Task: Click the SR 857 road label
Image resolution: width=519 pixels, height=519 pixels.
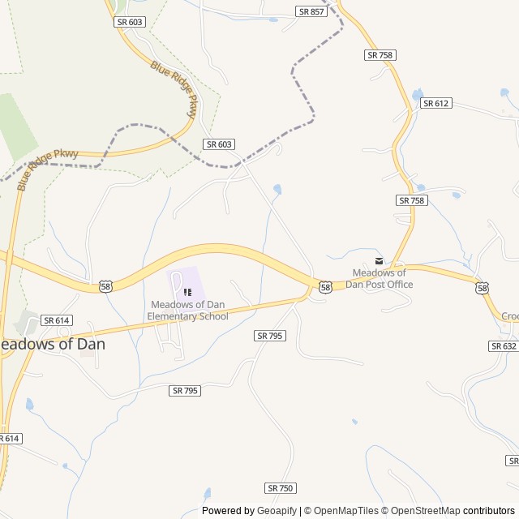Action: (311, 11)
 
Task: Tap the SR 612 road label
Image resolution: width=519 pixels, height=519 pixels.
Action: (435, 103)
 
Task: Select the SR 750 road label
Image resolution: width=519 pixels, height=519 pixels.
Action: (281, 488)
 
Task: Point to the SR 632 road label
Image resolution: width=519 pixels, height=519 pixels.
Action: (503, 346)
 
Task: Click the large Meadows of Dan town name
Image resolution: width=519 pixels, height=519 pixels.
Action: (52, 343)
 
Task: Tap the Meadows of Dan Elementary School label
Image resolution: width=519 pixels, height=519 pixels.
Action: (190, 311)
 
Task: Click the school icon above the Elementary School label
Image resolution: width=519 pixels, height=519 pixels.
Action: (187, 292)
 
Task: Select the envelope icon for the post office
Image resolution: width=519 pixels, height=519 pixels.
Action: (379, 260)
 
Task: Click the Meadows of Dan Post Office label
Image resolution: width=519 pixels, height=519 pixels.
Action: (380, 278)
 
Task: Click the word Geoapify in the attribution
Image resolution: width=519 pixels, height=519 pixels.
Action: (277, 511)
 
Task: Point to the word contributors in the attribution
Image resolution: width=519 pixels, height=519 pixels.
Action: (489, 511)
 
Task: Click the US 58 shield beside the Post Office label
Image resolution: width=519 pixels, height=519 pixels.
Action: (325, 287)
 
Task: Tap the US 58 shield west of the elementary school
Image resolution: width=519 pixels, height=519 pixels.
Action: (105, 286)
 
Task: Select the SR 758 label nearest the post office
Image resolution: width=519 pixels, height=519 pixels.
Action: (411, 200)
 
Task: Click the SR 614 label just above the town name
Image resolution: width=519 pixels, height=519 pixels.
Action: (56, 320)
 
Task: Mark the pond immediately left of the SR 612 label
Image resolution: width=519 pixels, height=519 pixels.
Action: (417, 95)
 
